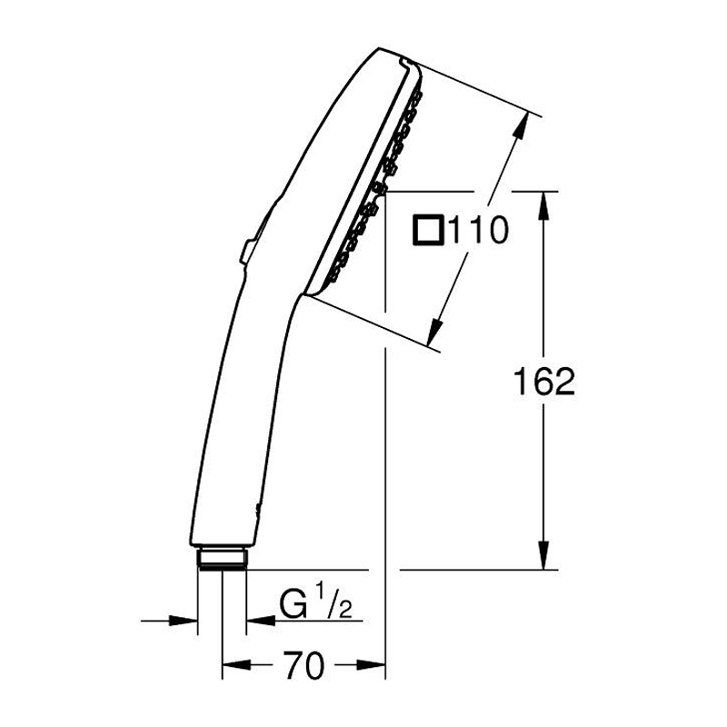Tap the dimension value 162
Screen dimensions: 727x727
click(543, 382)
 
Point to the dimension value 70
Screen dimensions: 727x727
click(303, 667)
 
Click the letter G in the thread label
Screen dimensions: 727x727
click(291, 603)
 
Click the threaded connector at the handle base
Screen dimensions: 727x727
click(221, 557)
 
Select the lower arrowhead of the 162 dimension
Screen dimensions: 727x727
click(543, 557)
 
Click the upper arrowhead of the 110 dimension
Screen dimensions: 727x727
click(521, 126)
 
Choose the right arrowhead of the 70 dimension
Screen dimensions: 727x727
click(375, 666)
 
